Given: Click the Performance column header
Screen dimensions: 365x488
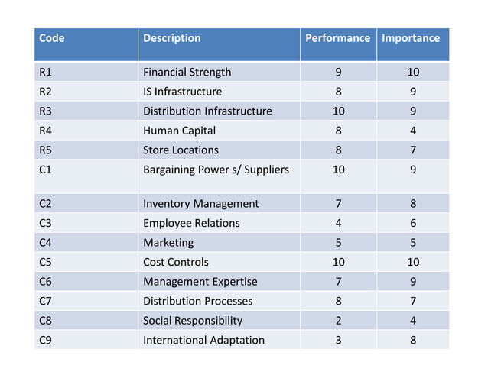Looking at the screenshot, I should click(x=337, y=38).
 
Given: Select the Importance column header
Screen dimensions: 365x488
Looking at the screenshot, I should click(x=411, y=38).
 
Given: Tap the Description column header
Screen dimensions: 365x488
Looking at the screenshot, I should click(x=172, y=38).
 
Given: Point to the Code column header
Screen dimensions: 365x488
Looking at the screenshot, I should click(x=52, y=38).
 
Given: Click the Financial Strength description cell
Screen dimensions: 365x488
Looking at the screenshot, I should click(x=187, y=73).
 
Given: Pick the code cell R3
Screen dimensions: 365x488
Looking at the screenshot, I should click(x=45, y=111).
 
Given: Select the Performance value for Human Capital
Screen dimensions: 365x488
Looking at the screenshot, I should click(x=338, y=131).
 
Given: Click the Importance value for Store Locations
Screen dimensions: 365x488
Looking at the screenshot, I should click(x=413, y=150).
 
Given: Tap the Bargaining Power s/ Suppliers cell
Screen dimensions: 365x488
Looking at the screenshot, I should click(x=216, y=170).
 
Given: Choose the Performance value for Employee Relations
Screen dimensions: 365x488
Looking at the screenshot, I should click(x=338, y=223).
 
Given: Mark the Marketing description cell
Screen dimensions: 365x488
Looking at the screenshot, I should click(x=168, y=243).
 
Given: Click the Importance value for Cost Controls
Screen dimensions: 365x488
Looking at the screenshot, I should click(x=413, y=262).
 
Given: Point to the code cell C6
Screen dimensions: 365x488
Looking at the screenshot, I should click(x=45, y=282).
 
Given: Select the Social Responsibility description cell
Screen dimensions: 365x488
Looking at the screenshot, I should click(x=193, y=321).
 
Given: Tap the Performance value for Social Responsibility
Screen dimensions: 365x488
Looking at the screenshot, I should click(x=338, y=321).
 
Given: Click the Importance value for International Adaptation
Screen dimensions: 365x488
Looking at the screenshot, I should click(x=413, y=340).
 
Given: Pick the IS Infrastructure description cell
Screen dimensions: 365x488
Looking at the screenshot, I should click(x=182, y=92).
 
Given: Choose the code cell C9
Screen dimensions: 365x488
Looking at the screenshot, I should click(x=45, y=340).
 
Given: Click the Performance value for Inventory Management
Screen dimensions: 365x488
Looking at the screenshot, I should click(x=338, y=204).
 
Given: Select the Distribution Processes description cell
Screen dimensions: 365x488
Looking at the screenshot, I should click(x=197, y=301).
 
